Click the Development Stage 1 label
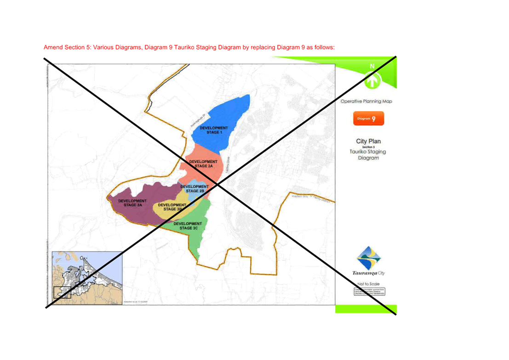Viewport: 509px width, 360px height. pos(214,130)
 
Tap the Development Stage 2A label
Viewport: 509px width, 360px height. pos(203,164)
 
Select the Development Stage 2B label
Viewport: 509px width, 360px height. pos(194,189)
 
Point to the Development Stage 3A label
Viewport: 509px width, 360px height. pos(132,203)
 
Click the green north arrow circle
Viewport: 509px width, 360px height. pos(372,81)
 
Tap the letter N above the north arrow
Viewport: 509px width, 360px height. pos(372,67)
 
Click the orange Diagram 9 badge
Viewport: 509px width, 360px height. pos(367,119)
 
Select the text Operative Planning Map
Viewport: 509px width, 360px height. pos(367,102)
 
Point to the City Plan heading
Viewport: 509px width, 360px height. pos(368,141)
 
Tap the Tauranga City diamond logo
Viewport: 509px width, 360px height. pos(369,258)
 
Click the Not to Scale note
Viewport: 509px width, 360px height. pos(369,284)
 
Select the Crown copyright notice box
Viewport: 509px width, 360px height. pos(370,291)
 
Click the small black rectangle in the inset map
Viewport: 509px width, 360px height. pos(62,292)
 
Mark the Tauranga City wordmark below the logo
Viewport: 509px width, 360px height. pos(369,273)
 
